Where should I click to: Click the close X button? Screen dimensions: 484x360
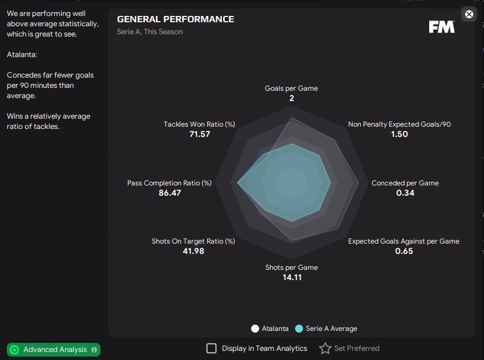[469, 14]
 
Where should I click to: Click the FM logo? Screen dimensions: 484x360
[442, 27]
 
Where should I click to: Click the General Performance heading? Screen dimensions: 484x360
[175, 19]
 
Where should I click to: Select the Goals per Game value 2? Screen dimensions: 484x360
[292, 98]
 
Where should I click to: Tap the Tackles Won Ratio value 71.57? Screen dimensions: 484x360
[200, 134]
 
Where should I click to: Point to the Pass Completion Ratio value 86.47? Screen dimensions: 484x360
[170, 193]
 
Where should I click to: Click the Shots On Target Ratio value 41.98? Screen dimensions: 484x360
[193, 251]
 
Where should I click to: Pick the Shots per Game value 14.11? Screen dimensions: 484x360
[292, 277]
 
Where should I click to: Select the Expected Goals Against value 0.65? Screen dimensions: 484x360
[404, 251]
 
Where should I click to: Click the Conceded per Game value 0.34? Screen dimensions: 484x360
[405, 193]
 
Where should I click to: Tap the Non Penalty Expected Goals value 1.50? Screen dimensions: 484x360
[400, 134]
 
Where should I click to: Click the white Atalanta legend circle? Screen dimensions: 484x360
[255, 329]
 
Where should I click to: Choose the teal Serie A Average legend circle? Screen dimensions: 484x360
[299, 329]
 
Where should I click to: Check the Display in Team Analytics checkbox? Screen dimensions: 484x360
[211, 348]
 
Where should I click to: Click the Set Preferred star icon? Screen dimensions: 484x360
[325, 348]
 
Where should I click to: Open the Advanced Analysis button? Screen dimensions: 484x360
[54, 350]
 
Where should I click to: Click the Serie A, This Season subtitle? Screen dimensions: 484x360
[150, 32]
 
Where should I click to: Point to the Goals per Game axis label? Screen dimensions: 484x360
[292, 88]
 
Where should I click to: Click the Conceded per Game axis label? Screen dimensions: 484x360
[405, 183]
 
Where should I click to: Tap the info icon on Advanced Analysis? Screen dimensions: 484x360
[94, 350]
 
